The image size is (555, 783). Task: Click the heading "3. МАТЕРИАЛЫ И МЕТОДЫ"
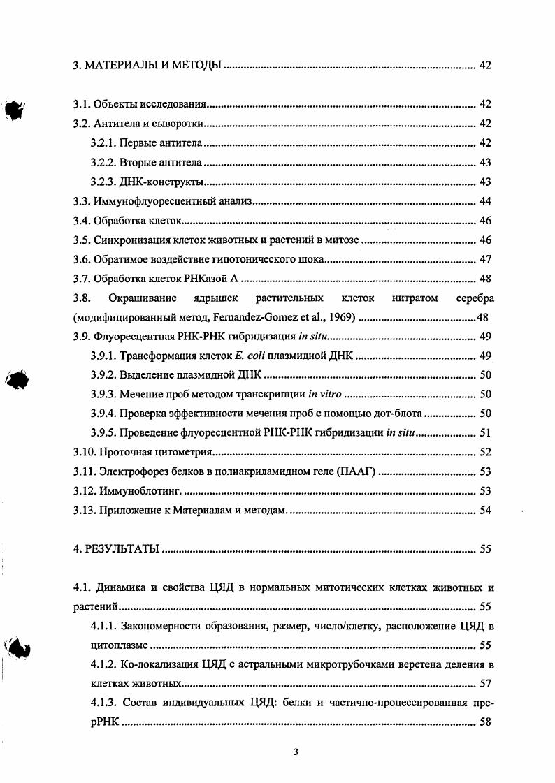coord(147,66)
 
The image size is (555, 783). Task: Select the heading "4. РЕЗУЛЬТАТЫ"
coord(117,549)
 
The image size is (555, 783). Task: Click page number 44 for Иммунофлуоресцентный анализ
coord(485,202)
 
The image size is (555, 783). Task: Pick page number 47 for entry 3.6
coord(485,260)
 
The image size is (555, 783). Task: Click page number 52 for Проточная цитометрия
coord(485,453)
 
